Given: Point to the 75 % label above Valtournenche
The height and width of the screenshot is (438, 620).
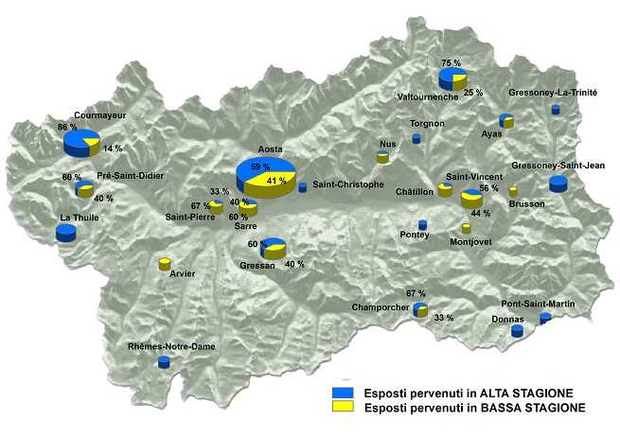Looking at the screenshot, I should click(451, 62).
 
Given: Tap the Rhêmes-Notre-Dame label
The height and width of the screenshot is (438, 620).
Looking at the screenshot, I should click(171, 347).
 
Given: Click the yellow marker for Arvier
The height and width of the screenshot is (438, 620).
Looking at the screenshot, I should click(164, 264).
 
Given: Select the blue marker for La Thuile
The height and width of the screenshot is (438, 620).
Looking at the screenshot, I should click(65, 233).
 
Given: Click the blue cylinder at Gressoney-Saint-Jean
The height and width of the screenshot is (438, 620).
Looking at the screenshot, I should click(558, 184).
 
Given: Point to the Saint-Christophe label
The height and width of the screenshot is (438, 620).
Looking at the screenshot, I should click(348, 184).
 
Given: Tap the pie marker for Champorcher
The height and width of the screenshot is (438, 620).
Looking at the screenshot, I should click(420, 309).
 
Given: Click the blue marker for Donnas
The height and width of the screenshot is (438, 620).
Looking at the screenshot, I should click(517, 331).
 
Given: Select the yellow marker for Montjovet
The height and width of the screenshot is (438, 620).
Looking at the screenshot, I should click(466, 228).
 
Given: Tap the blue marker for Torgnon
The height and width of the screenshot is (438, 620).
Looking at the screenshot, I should click(416, 138).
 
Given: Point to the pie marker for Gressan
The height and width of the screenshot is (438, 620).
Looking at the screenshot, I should click(274, 248).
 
